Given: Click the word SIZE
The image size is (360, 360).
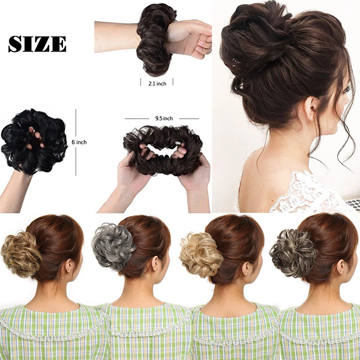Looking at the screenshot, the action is pyautogui.click(x=37, y=44).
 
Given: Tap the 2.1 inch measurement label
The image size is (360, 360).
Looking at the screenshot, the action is pyautogui.click(x=157, y=84).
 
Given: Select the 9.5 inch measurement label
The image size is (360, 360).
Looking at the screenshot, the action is pyautogui.click(x=164, y=118).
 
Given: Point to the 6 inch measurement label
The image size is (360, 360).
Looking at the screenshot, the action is pyautogui.click(x=79, y=142).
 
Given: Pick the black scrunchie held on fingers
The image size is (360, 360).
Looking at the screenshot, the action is pyautogui.click(x=35, y=141).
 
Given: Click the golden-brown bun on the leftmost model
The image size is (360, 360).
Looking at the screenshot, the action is pyautogui.click(x=21, y=254).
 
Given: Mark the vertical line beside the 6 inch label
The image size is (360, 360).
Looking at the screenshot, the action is pyautogui.click(x=76, y=142).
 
